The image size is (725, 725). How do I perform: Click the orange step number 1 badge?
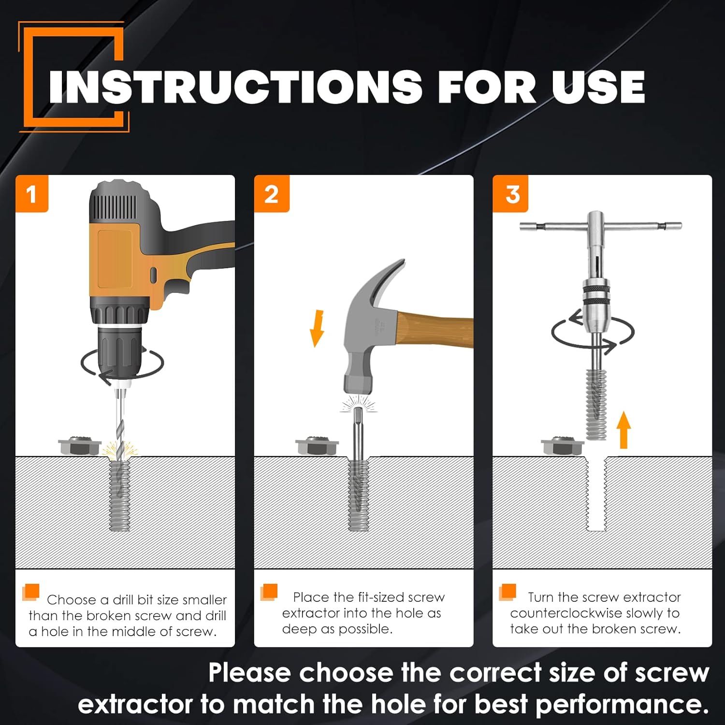[x=32, y=194]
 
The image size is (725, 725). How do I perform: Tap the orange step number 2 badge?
[x=272, y=194]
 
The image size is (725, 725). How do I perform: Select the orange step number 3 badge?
[x=510, y=194]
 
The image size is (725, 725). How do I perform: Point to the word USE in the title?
[x=599, y=87]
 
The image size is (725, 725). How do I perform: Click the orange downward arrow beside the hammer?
[x=317, y=329]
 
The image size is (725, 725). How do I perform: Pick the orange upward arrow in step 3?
[x=624, y=430]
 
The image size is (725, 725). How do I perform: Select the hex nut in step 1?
[x=79, y=446]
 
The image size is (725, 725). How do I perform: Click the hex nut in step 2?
[x=317, y=446]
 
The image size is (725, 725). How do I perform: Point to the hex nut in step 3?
[x=562, y=446]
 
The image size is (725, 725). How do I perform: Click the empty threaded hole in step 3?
[x=596, y=493]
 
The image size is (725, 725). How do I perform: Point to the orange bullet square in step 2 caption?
[x=269, y=592]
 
